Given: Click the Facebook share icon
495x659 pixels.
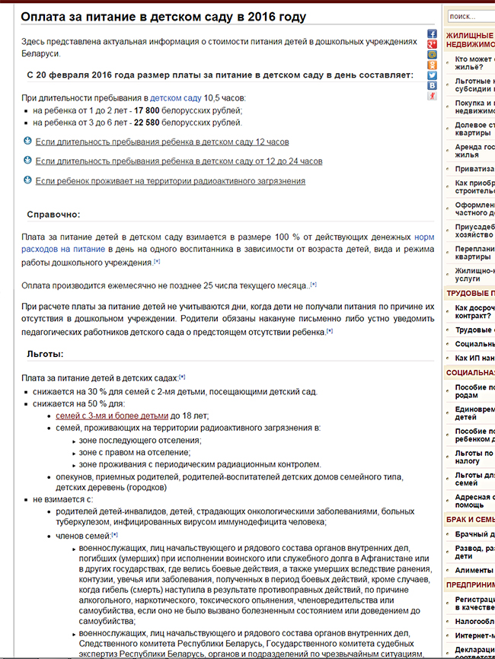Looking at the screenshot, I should click(x=432, y=34).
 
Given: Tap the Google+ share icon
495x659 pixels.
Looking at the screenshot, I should click(x=432, y=44).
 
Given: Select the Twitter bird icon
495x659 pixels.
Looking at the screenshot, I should click(x=432, y=75).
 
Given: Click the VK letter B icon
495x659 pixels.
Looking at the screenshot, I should click(x=432, y=86).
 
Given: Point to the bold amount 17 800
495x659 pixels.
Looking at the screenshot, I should click(x=146, y=110).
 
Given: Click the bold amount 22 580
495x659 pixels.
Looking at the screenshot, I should click(x=155, y=122).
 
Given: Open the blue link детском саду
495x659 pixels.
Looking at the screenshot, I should click(x=175, y=98).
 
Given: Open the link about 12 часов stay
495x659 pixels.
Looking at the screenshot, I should click(x=161, y=142).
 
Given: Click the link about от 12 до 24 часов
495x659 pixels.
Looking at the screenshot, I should click(x=178, y=161).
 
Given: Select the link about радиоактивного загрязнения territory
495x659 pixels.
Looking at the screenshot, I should click(x=170, y=181).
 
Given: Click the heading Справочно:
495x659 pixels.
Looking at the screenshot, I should click(x=53, y=215).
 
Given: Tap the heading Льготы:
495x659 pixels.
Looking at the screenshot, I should click(x=45, y=354).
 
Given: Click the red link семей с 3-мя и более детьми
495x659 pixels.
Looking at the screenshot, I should click(x=112, y=416).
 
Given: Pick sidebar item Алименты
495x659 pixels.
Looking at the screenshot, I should click(x=473, y=570).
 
